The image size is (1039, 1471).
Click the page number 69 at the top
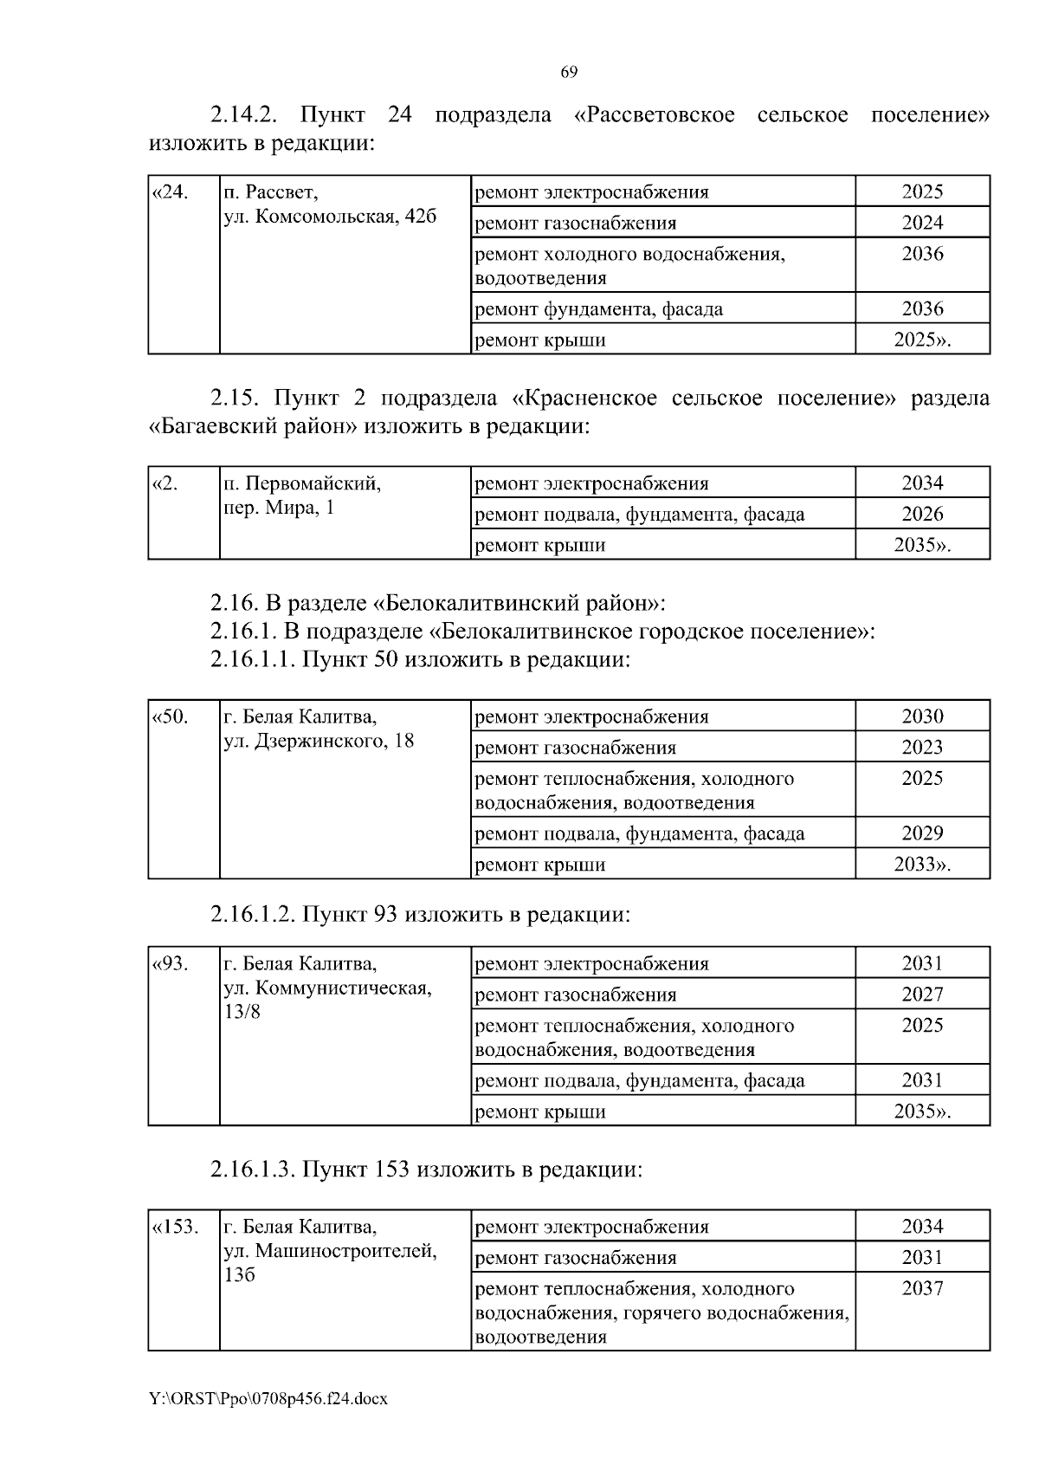coord(569,73)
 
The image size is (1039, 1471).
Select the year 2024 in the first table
coord(922,223)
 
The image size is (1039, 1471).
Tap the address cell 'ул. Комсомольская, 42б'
coord(330,217)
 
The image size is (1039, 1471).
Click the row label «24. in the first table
coord(171,191)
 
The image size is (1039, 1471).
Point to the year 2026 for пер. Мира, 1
coord(922,515)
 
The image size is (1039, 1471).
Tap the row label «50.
coord(171,716)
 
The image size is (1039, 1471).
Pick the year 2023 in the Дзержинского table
coord(922,748)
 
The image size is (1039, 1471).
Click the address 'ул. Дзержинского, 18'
coord(319,741)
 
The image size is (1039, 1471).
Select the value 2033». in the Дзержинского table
coord(922,865)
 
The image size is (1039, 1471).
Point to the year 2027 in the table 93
coord(922,995)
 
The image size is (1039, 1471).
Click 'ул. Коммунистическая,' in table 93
coord(327,988)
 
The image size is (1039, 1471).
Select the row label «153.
coord(176,1227)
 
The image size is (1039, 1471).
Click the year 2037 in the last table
coord(922,1288)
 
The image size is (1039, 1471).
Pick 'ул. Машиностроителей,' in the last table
coord(330,1251)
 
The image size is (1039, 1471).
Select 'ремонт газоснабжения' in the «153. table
coord(576,1258)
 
